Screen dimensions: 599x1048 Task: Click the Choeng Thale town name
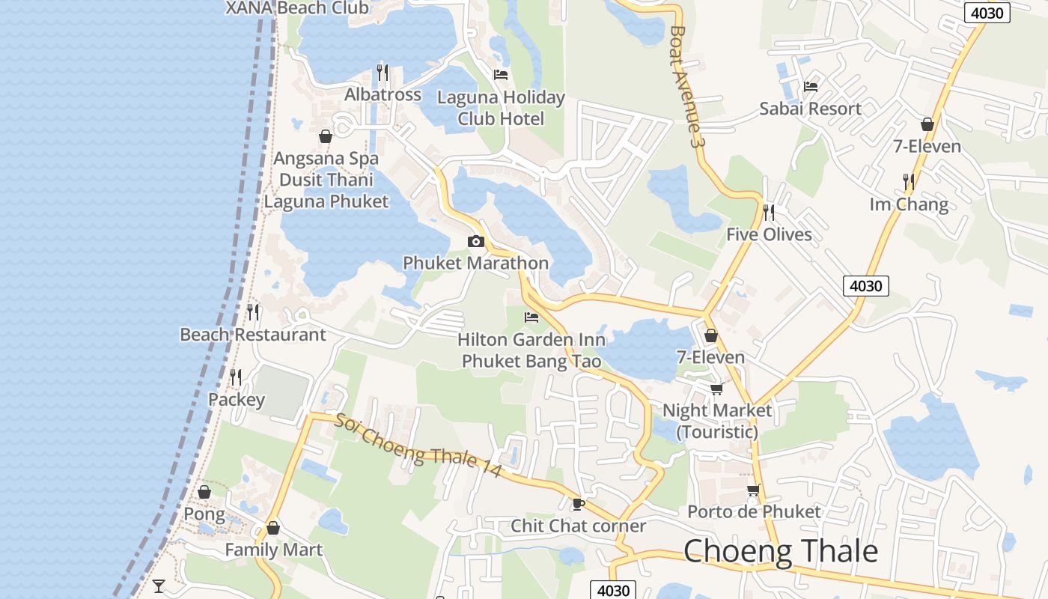(x=780, y=551)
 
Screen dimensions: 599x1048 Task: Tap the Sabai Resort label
(x=810, y=109)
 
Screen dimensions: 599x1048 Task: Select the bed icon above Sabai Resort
(x=810, y=87)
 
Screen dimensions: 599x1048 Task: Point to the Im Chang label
(x=908, y=204)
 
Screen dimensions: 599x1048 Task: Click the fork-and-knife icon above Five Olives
(x=768, y=212)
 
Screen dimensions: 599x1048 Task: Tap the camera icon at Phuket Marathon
(x=475, y=241)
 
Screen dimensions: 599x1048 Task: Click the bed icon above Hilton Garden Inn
(x=531, y=317)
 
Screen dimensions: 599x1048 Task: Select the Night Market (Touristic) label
(x=717, y=421)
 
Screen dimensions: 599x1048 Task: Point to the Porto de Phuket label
(x=754, y=512)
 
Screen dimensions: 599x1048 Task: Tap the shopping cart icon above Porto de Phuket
(x=753, y=490)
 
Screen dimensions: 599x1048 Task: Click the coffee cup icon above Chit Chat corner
(x=577, y=503)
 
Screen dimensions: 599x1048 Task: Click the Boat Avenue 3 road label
(x=688, y=86)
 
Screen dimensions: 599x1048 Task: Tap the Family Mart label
(x=273, y=550)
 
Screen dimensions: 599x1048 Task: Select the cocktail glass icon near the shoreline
(x=159, y=586)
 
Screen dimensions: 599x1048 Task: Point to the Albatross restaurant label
(x=383, y=95)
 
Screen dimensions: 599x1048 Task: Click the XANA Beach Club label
(x=297, y=8)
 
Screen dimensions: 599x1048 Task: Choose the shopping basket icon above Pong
(x=204, y=492)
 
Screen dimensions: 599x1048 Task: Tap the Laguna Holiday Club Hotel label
(x=501, y=108)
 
